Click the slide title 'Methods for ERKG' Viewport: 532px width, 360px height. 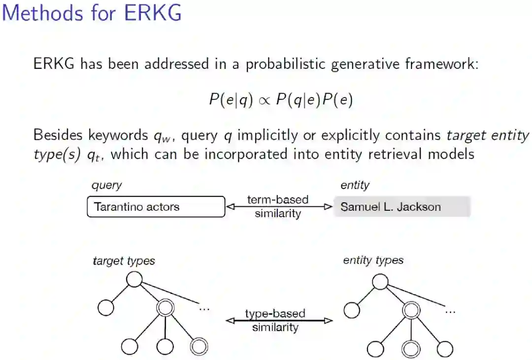click(x=92, y=13)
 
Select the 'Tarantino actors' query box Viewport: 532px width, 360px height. click(x=156, y=207)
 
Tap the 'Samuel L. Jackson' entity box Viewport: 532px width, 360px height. click(x=401, y=207)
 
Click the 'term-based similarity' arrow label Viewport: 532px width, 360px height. click(x=278, y=207)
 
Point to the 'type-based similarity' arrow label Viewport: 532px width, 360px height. click(x=275, y=320)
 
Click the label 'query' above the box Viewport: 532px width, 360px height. click(x=107, y=185)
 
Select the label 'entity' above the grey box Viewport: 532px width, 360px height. click(x=355, y=185)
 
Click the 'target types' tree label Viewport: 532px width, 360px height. click(x=124, y=261)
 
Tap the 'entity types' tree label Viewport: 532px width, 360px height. click(x=373, y=260)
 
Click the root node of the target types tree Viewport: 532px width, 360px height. click(x=134, y=279)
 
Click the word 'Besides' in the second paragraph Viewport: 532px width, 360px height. click(x=59, y=135)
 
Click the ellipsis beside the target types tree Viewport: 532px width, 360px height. click(x=204, y=308)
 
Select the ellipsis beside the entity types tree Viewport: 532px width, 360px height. click(x=450, y=311)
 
